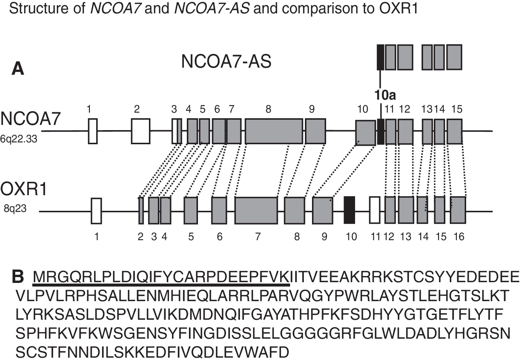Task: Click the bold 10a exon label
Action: [385, 95]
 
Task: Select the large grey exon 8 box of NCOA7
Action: [274, 131]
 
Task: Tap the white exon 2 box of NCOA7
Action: [141, 131]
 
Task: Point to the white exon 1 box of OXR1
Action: [96, 211]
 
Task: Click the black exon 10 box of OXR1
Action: [350, 210]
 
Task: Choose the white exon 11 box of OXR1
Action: [375, 210]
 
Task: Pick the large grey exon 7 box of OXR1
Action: [256, 210]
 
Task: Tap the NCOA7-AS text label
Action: [226, 61]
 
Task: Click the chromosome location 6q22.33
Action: [19, 139]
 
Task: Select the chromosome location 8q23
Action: [15, 209]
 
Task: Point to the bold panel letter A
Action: [18, 69]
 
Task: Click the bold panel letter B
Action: [18, 277]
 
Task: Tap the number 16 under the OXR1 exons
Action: [459, 237]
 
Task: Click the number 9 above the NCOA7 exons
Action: [312, 109]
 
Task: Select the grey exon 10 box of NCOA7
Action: [365, 133]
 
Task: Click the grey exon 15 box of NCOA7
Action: [455, 132]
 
